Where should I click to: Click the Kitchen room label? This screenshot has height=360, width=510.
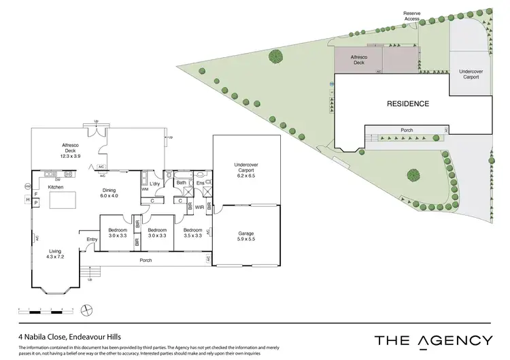(56, 186)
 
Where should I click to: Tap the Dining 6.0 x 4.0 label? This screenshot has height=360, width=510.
(109, 193)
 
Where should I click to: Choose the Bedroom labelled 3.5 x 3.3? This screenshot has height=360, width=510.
(193, 233)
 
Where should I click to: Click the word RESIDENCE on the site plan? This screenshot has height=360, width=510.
(408, 104)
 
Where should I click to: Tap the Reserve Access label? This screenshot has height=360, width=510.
(412, 16)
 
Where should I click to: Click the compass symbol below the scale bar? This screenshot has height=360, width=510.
(86, 310)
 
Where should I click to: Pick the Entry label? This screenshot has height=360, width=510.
(92, 239)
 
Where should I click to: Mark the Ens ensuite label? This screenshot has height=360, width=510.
(201, 183)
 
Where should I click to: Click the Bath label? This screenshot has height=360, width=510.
(181, 182)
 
